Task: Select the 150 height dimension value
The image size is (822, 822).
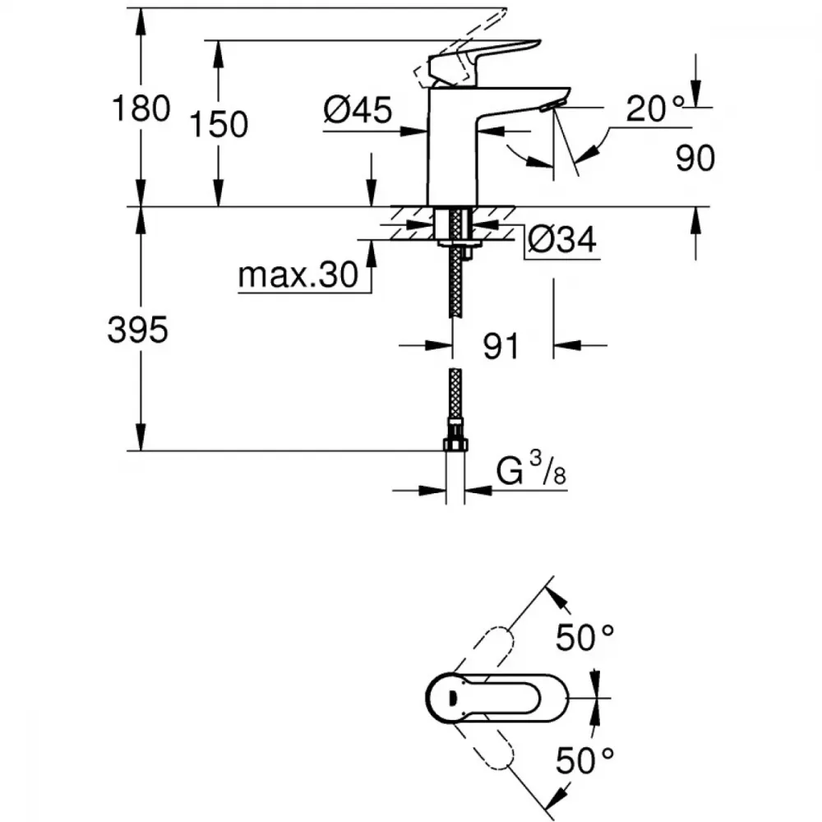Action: tap(219, 125)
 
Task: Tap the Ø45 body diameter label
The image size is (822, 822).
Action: tap(357, 109)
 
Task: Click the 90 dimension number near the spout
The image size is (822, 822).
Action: tap(695, 159)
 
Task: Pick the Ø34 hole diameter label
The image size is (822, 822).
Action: tap(561, 240)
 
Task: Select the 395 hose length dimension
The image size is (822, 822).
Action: tap(137, 330)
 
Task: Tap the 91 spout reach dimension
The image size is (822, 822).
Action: tap(501, 346)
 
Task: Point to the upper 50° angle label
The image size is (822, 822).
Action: tap(585, 637)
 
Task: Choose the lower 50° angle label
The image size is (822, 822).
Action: tap(585, 761)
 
